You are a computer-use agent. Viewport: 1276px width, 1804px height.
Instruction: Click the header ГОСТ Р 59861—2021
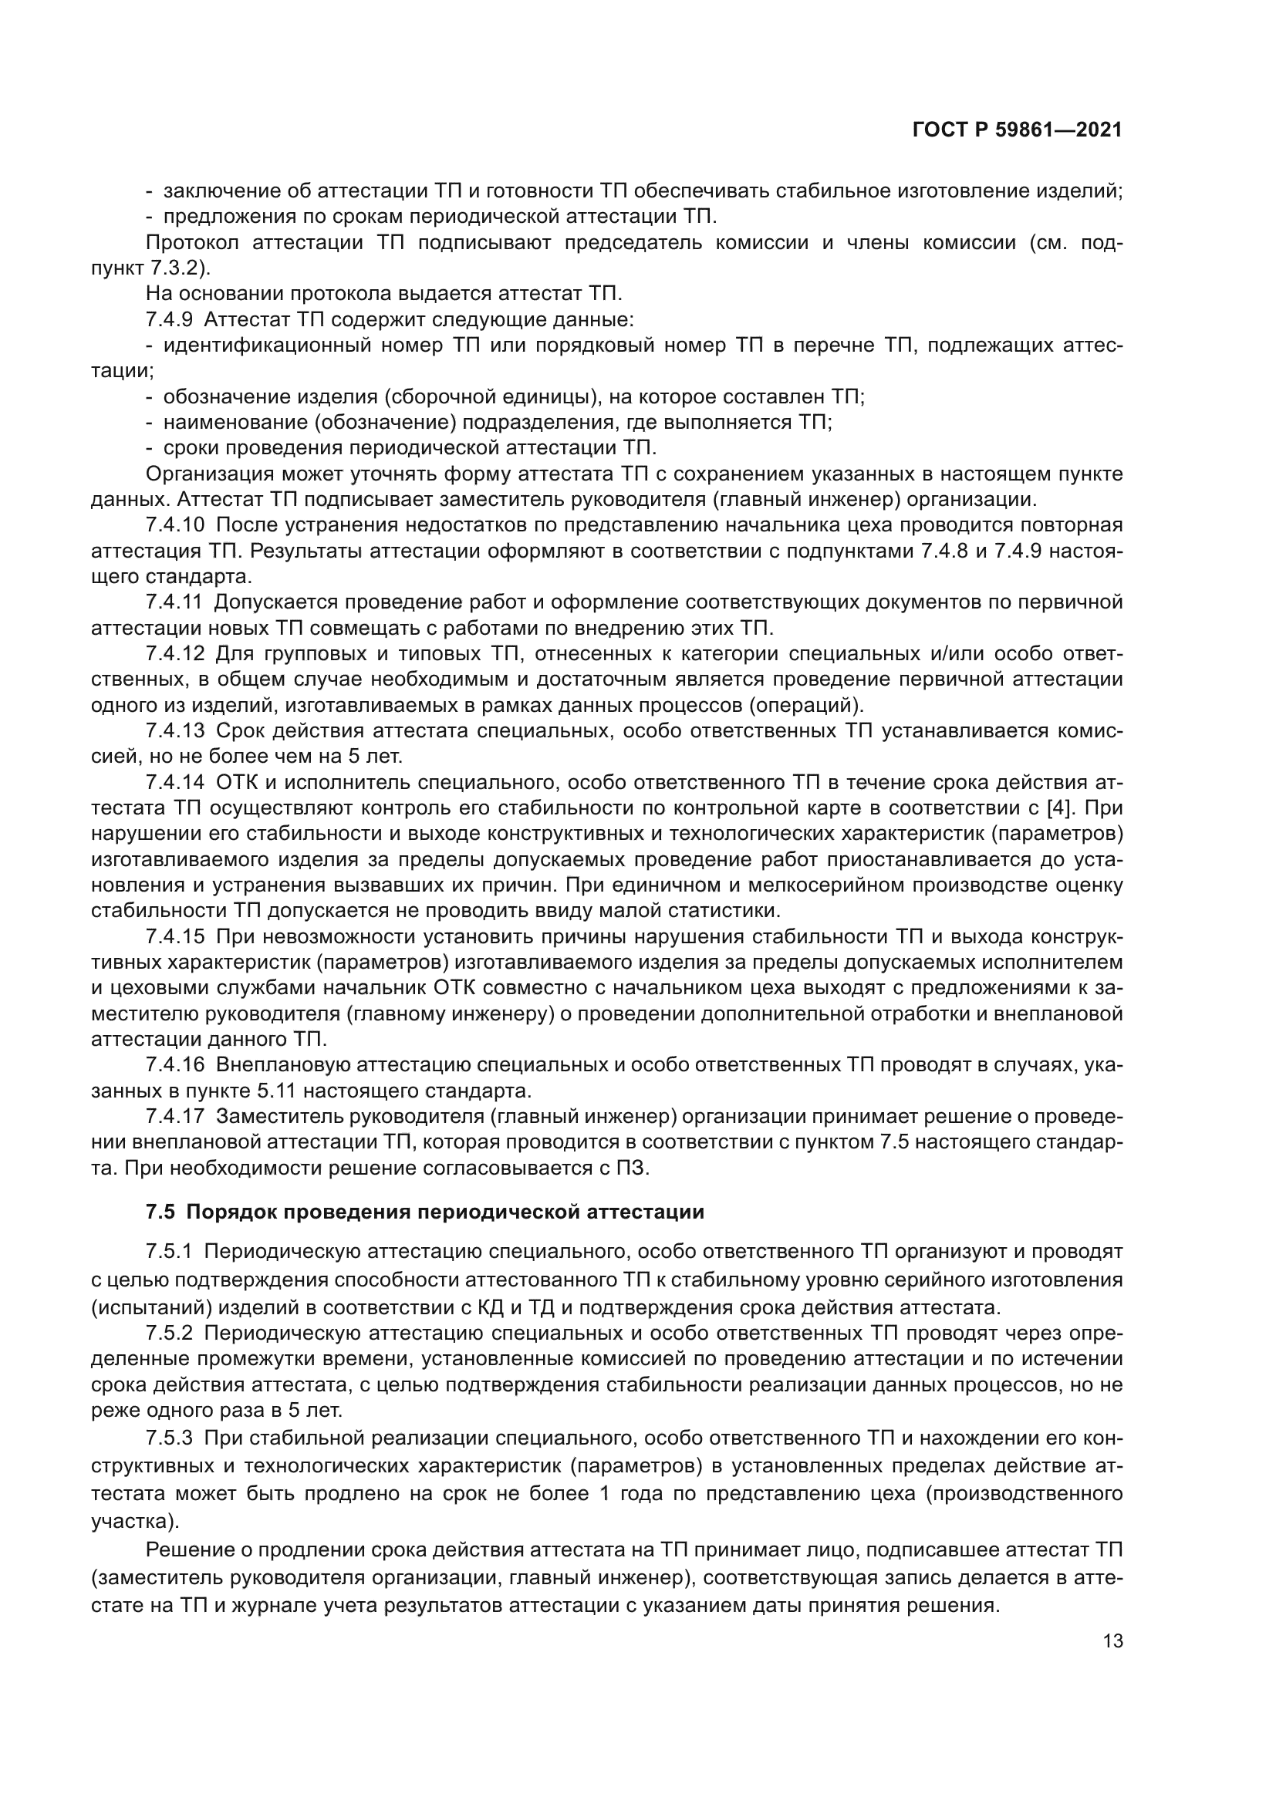1017,130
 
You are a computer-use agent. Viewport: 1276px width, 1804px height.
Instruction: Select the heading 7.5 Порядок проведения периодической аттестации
425,1212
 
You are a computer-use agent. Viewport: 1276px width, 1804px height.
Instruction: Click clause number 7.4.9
170,321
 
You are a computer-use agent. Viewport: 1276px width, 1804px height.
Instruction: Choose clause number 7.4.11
174,602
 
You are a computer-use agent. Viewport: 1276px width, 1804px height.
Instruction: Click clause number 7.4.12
174,654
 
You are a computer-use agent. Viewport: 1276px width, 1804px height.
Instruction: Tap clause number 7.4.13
174,730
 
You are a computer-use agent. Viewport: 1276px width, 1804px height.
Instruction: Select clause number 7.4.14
174,783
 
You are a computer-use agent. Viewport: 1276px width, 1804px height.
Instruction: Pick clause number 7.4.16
174,1065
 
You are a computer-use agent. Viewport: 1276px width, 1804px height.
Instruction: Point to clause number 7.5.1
170,1251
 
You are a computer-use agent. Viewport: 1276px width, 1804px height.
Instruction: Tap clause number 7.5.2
170,1334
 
